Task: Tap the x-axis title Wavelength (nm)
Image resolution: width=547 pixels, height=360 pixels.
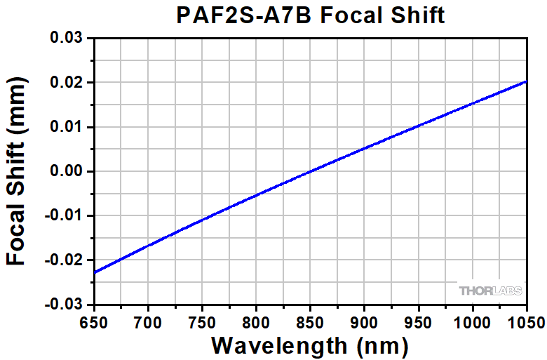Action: (309, 345)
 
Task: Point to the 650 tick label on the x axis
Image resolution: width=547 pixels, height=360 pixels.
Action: (93, 321)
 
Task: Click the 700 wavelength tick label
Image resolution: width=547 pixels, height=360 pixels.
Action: (148, 321)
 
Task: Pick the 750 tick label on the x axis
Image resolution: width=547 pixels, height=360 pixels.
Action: (202, 321)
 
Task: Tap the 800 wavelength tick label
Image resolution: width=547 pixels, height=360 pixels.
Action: (256, 321)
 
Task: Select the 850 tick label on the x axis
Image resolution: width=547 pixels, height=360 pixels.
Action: (310, 321)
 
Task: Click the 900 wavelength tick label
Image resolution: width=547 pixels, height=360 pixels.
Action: (364, 321)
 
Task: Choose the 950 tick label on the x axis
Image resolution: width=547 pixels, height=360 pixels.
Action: (418, 321)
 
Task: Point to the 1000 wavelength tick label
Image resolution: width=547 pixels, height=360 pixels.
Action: (472, 321)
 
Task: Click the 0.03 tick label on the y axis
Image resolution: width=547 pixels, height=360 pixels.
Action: (66, 38)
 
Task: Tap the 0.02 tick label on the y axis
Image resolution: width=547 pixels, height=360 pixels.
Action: (66, 83)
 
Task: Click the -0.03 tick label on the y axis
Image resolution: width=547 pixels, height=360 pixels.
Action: (63, 305)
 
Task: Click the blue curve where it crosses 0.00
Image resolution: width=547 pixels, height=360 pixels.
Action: (315, 171)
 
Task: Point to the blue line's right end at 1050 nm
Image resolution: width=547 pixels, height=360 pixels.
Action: (526, 81)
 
